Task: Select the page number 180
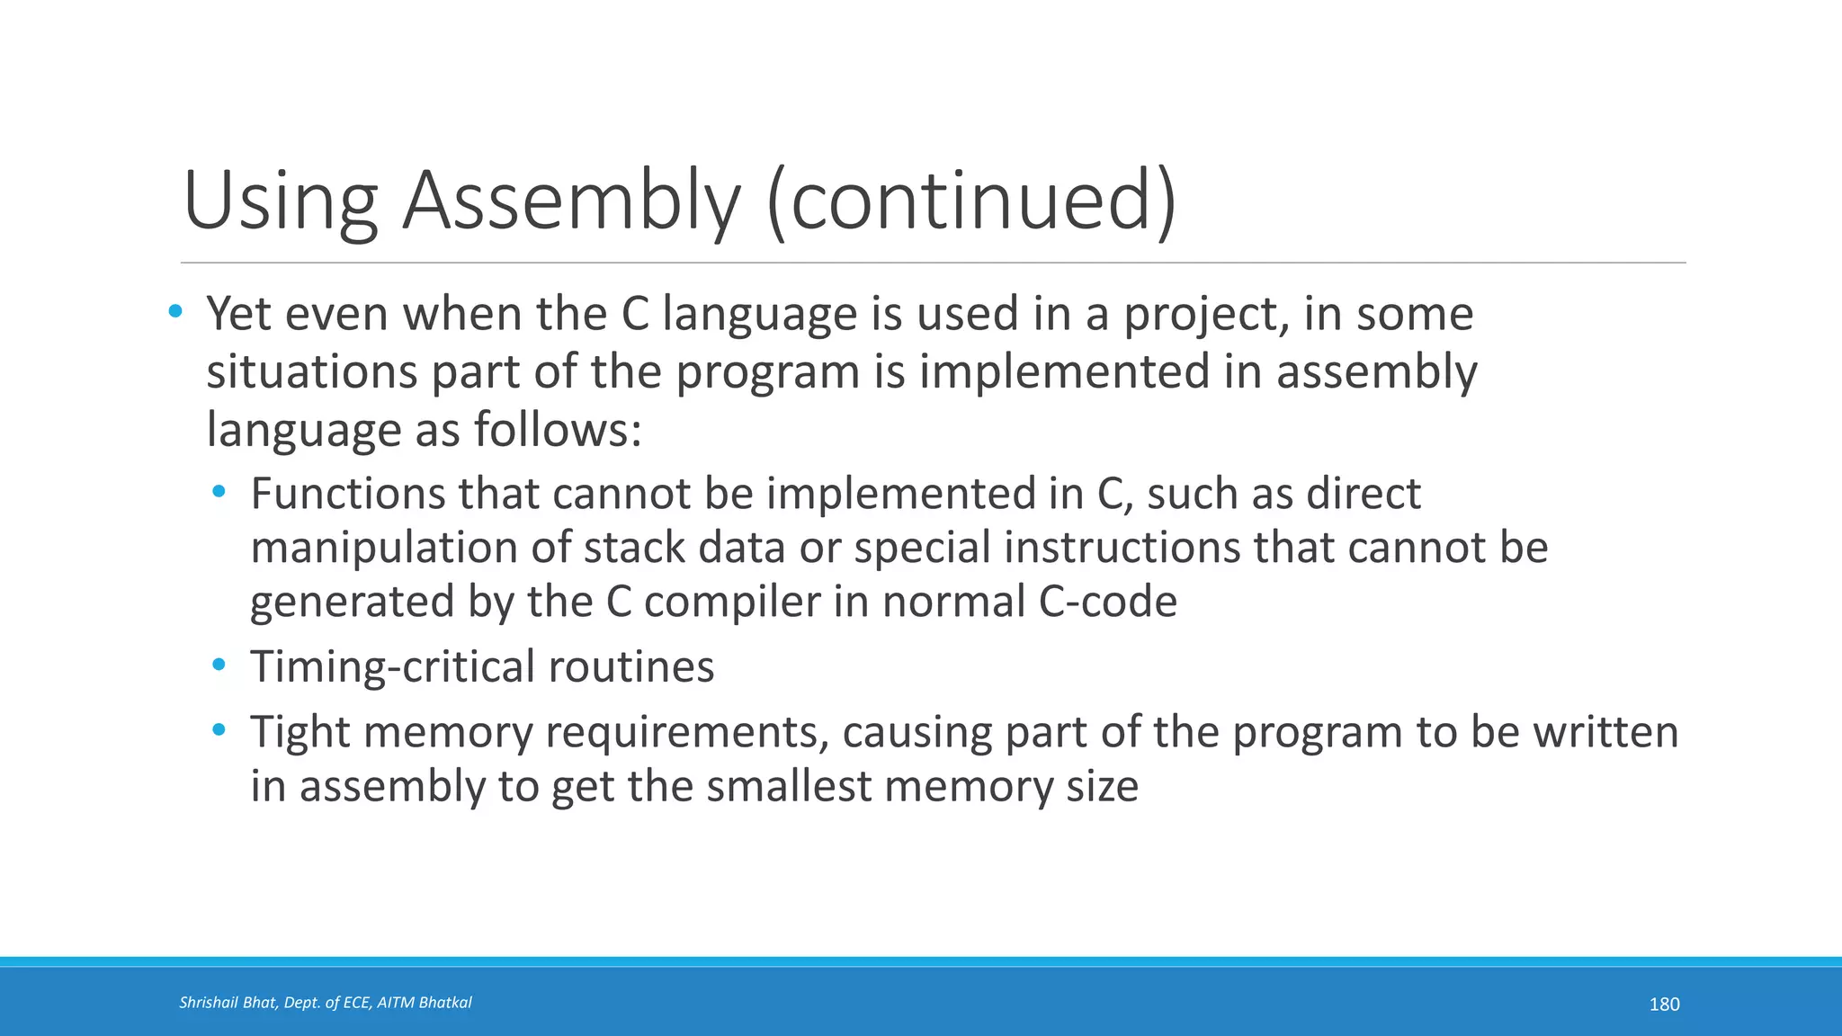1664,1005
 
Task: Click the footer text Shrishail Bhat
228,1003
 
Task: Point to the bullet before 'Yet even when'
175,312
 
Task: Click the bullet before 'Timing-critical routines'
219,665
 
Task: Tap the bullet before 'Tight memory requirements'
219,730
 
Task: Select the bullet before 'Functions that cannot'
219,492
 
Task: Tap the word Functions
347,494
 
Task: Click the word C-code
1107,602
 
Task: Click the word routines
630,667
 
